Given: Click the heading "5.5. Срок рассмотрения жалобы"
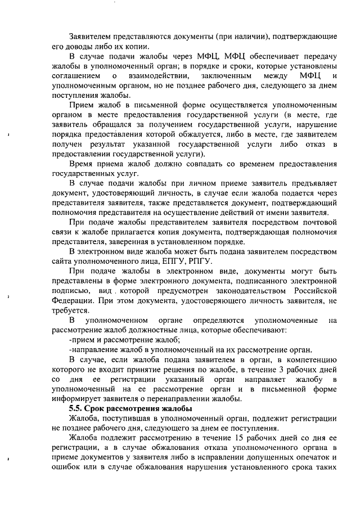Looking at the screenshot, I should [130, 408].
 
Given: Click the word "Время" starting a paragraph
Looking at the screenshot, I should [82, 164].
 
